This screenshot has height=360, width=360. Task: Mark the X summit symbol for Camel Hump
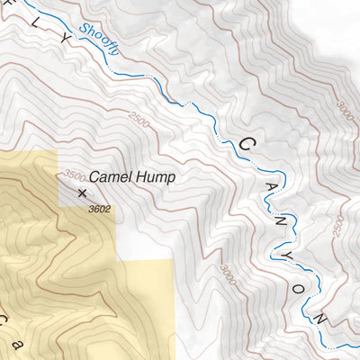83,193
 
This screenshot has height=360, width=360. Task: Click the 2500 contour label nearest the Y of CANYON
337,226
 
